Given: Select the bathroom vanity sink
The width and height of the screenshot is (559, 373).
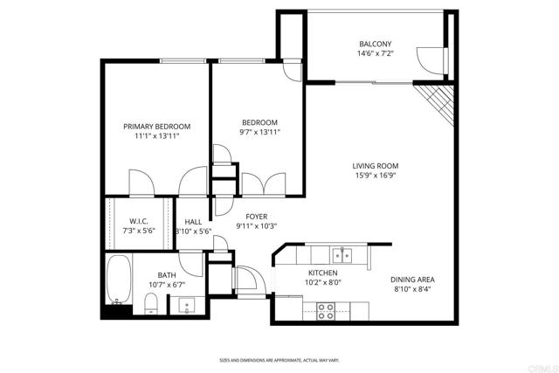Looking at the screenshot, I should [x=185, y=306].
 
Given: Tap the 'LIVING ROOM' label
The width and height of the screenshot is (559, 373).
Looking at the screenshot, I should [x=376, y=166].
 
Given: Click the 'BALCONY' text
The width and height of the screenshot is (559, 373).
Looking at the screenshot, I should [x=376, y=45].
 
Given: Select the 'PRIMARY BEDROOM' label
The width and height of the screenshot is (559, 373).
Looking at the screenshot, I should [x=156, y=127].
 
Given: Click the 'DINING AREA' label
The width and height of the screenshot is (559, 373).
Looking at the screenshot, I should [x=413, y=280].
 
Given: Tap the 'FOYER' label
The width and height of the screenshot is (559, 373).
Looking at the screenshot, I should [x=256, y=216].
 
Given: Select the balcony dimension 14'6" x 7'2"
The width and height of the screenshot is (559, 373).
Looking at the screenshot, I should [x=376, y=54].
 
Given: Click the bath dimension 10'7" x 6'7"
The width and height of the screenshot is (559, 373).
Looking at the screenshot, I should [x=166, y=284].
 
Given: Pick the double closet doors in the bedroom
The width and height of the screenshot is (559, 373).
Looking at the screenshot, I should [x=266, y=185].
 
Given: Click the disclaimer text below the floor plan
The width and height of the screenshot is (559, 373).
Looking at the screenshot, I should [x=279, y=360].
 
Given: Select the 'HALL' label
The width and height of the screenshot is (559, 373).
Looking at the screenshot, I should [x=193, y=222].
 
